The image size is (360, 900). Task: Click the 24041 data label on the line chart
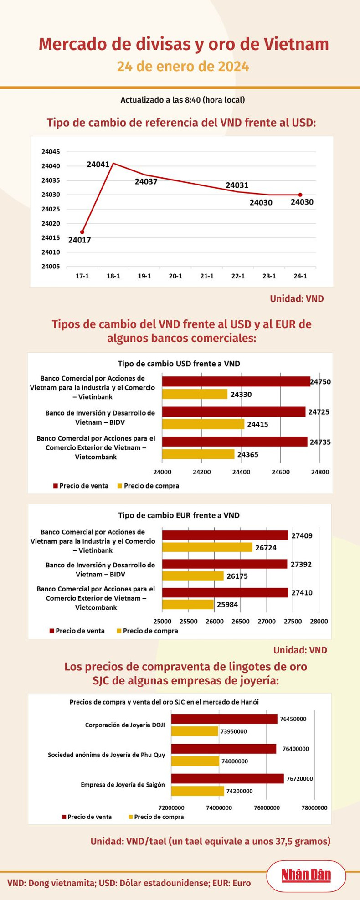[98, 164]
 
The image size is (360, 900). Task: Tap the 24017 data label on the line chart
[79, 240]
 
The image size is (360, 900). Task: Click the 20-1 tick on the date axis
[175, 276]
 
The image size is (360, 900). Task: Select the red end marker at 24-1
[300, 195]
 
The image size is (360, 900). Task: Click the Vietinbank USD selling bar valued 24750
[236, 381]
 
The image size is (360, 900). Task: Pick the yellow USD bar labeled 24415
[203, 424]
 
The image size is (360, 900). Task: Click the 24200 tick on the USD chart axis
[201, 472]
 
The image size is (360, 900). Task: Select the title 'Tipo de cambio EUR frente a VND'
[179, 515]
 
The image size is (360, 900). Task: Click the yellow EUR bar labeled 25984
[188, 604]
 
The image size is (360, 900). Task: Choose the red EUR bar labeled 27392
[225, 564]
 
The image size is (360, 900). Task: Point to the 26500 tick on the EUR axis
[241, 621]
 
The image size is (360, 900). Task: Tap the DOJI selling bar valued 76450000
[224, 719]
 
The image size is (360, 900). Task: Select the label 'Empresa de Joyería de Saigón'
[123, 785]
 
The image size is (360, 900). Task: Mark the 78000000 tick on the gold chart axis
[314, 808]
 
